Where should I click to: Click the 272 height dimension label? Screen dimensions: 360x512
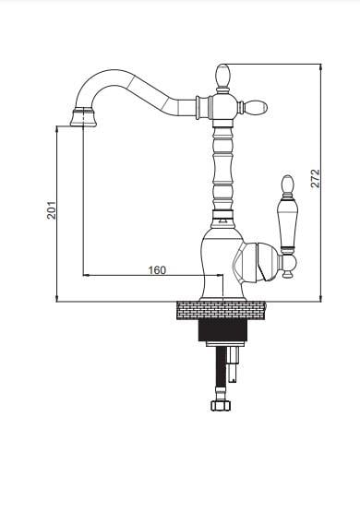pyautogui.click(x=316, y=178)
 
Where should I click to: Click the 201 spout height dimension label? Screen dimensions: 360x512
pyautogui.click(x=52, y=210)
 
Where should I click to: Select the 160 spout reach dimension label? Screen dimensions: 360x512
pyautogui.click(x=157, y=270)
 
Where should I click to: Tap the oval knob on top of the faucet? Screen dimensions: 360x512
pyautogui.click(x=223, y=76)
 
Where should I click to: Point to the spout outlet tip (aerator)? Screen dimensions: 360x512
pyautogui.click(x=84, y=117)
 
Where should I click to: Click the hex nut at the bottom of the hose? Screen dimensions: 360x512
pyautogui.click(x=221, y=406)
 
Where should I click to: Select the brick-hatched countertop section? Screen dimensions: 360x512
pyautogui.click(x=221, y=311)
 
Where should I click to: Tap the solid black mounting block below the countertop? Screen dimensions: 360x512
pyautogui.click(x=222, y=330)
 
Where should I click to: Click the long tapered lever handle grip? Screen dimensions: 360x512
pyautogui.click(x=287, y=225)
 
